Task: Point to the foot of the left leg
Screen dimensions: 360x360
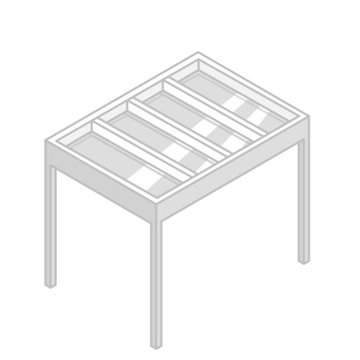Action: pyautogui.click(x=50, y=284)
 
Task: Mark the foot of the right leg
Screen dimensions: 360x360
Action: pyautogui.click(x=304, y=260)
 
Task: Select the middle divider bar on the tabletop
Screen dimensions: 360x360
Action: pyautogui.click(x=180, y=130)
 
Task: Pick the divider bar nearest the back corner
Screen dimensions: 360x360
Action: pyautogui.click(x=212, y=108)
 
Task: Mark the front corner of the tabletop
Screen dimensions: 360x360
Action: pyautogui.click(x=156, y=209)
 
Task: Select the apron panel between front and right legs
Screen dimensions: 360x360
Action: pyautogui.click(x=230, y=176)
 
